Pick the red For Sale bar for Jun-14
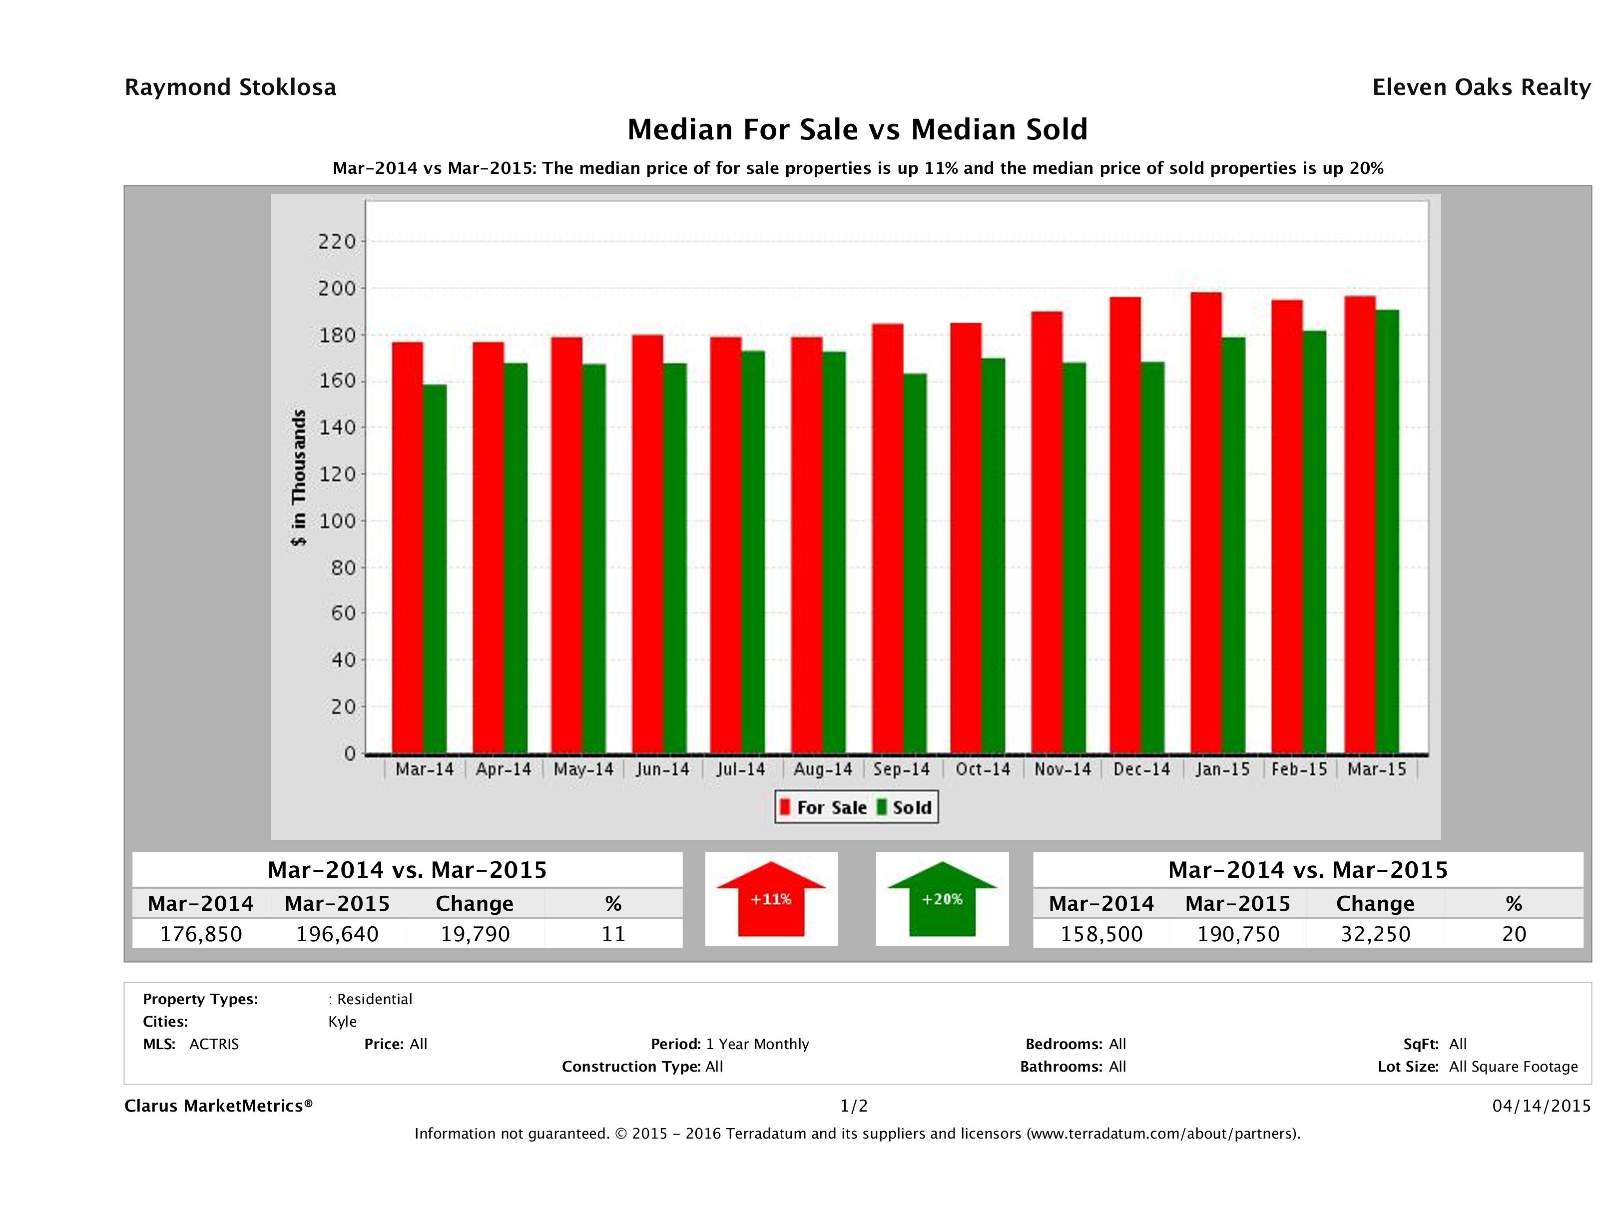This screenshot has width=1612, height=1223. pos(647,544)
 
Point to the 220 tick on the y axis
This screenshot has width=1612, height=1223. pos(337,241)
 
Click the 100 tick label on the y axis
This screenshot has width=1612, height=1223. pos(337,521)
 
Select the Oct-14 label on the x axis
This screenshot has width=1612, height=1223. pos(983,769)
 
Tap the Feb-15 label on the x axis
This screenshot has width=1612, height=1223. pos(1299,769)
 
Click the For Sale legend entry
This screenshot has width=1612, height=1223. pos(824,807)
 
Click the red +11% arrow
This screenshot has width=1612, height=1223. pos(771,899)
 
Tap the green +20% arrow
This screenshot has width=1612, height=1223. pos(942,899)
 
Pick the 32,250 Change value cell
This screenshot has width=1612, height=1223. pos(1375,934)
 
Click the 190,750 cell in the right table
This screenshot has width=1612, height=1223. pos(1238,934)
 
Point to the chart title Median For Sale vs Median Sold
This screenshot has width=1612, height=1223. pos(857,130)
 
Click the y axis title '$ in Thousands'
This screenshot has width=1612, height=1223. pos(299,478)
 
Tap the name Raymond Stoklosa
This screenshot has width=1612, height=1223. pos(230,87)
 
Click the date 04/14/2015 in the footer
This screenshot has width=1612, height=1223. pos(1541,1106)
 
